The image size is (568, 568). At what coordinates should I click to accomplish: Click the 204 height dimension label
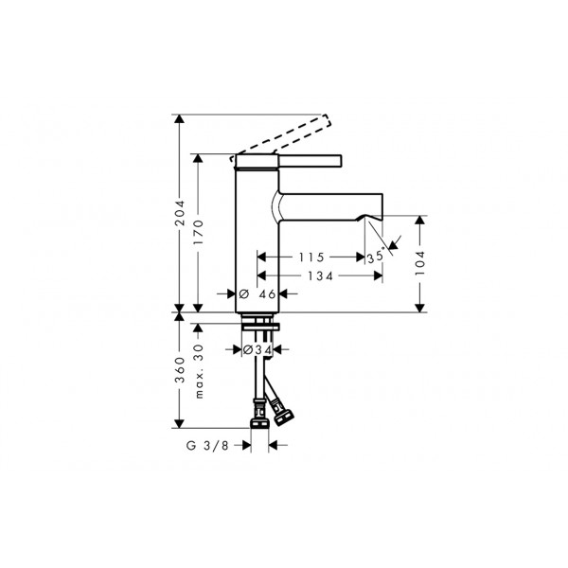click(180, 213)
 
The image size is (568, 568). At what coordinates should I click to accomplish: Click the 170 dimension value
click(199, 232)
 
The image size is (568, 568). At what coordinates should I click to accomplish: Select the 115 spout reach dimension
click(311, 257)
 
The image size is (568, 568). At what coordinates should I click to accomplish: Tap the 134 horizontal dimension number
click(320, 276)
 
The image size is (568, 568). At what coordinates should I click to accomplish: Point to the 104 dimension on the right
click(419, 263)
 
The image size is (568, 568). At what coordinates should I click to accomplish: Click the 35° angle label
click(376, 257)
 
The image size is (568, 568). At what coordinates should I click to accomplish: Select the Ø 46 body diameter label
click(257, 294)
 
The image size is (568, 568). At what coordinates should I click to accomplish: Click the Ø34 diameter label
click(257, 350)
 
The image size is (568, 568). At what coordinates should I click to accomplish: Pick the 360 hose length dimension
click(180, 370)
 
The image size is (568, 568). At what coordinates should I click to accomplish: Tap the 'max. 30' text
click(199, 372)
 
